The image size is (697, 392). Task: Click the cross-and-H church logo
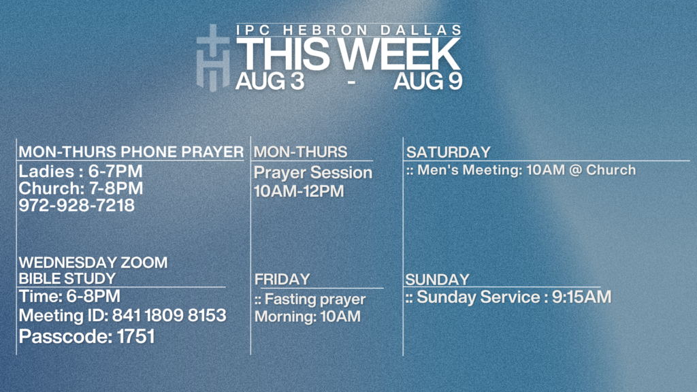213,58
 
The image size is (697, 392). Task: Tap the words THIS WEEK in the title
348,54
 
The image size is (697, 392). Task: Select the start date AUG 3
270,82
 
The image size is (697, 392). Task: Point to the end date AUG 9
427,82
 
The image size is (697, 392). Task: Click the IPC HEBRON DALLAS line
349,30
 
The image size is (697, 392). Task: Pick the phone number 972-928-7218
76,206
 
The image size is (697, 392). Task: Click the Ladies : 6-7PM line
80,171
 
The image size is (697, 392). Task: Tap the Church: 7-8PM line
81,188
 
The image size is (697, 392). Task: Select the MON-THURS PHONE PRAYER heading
131,152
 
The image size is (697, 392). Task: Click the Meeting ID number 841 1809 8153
169,316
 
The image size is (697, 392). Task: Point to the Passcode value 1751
136,336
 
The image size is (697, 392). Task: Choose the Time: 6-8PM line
69,296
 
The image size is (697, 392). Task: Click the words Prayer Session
313,172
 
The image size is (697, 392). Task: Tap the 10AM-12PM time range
299,191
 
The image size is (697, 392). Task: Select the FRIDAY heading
282,279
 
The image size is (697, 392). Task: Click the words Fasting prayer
315,299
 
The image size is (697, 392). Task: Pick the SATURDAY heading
448,152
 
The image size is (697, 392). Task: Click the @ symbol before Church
575,169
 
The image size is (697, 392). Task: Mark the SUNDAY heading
438,280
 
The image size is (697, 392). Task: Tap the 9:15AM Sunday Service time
581,297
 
